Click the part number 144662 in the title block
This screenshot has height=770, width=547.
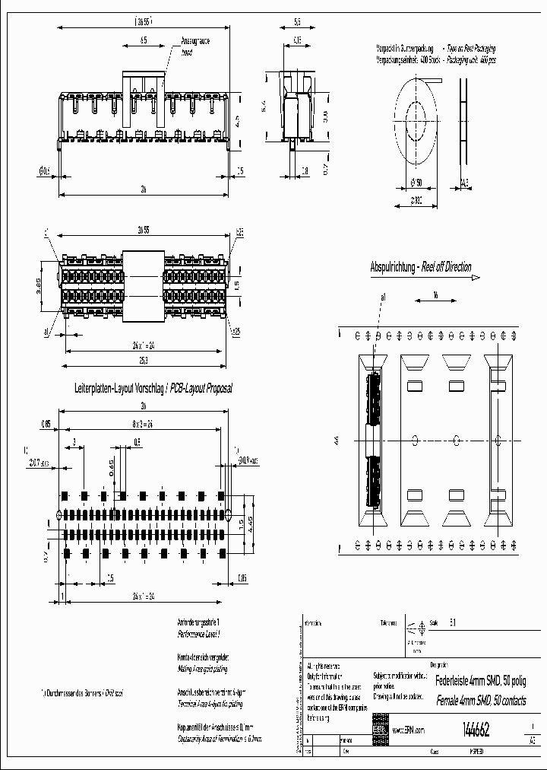pos(475,729)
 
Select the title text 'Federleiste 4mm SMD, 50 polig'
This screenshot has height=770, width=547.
pos(480,681)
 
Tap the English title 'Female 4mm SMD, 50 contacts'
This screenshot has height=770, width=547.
pos(479,701)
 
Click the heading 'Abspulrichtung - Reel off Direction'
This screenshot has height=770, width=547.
pos(420,267)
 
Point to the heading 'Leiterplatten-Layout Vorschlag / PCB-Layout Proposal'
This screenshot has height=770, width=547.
pos(152,388)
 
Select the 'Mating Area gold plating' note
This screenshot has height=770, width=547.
pos(201,669)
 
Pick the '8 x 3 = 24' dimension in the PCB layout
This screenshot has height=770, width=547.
pos(142,424)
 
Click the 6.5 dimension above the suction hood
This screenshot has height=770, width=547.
pos(144,40)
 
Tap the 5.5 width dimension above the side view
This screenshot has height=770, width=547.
pos(297,23)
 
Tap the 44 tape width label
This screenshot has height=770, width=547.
pos(335,440)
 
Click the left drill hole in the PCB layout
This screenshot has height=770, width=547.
pos(60,514)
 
